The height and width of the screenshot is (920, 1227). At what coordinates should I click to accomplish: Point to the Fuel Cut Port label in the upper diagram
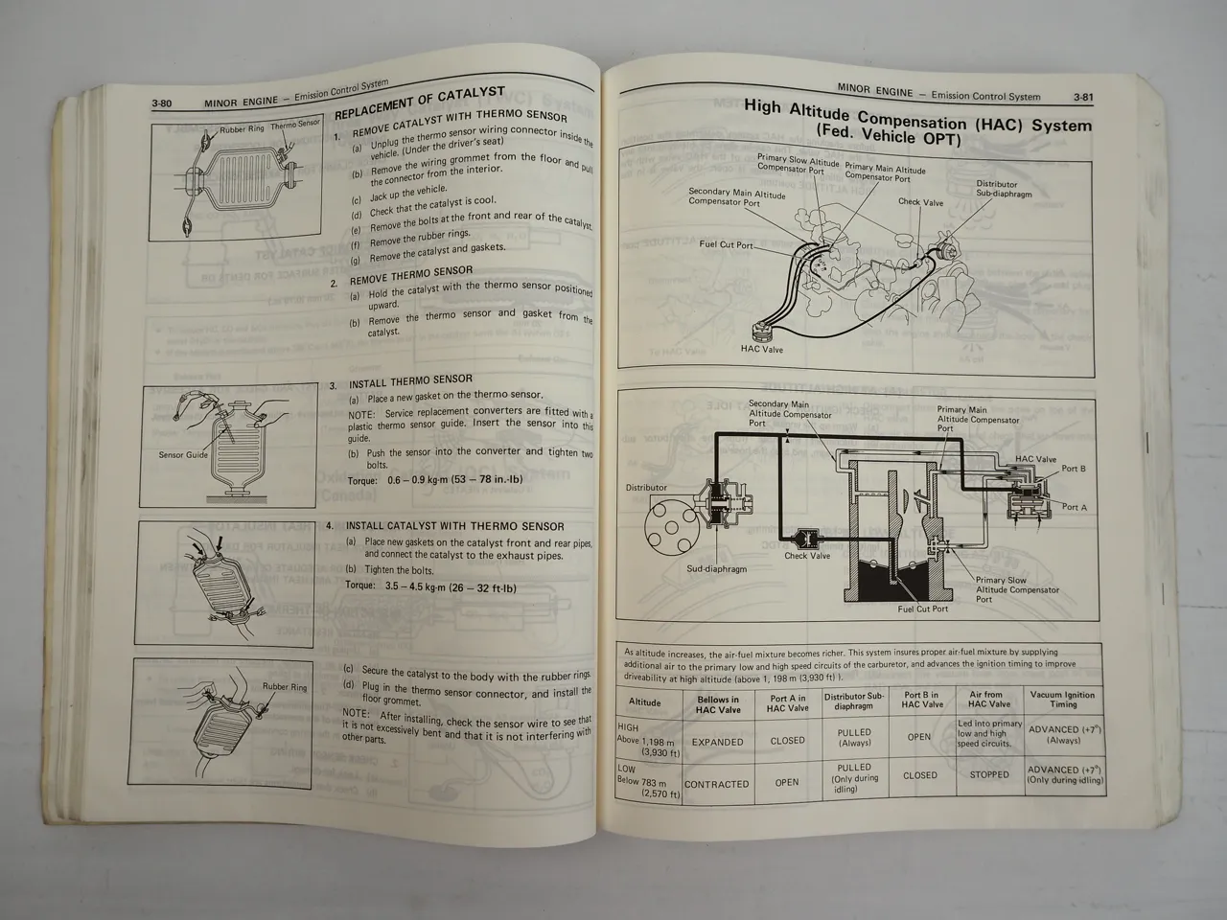[726, 244]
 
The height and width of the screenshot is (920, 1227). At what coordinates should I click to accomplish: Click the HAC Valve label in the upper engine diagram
[761, 350]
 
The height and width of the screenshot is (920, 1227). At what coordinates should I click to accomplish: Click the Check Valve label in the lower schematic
[807, 556]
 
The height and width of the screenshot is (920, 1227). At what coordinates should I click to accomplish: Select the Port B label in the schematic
[1074, 469]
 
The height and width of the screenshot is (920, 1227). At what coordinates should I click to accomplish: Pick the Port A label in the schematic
[1075, 507]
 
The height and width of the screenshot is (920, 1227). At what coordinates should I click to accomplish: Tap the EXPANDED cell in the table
[717, 742]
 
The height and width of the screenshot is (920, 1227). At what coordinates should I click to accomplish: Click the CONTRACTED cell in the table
[716, 784]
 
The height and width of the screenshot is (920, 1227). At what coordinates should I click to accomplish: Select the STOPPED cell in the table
[988, 774]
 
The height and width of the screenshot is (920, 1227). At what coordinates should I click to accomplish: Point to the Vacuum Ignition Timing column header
[1062, 700]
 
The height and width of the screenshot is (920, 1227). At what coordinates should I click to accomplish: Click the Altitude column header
[644, 702]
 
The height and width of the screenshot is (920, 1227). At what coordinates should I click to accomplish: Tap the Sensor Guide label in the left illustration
[183, 455]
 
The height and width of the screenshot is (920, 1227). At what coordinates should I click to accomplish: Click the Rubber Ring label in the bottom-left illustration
[285, 687]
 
